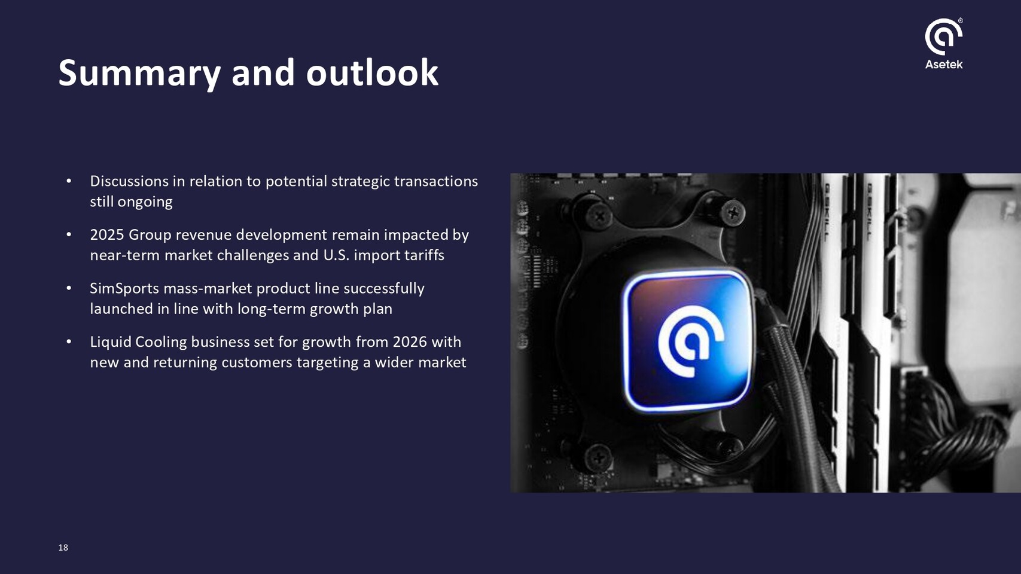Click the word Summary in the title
(x=139, y=74)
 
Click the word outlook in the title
(x=372, y=72)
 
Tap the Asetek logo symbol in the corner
(x=943, y=36)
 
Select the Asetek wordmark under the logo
(x=943, y=64)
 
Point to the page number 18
(x=63, y=548)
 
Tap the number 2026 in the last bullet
(x=409, y=341)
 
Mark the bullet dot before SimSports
(x=69, y=288)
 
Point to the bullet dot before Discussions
(x=69, y=181)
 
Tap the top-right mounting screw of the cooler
(x=733, y=212)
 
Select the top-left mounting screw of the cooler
(x=599, y=215)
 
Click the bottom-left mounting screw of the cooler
(x=598, y=456)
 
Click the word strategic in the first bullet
(x=360, y=182)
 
